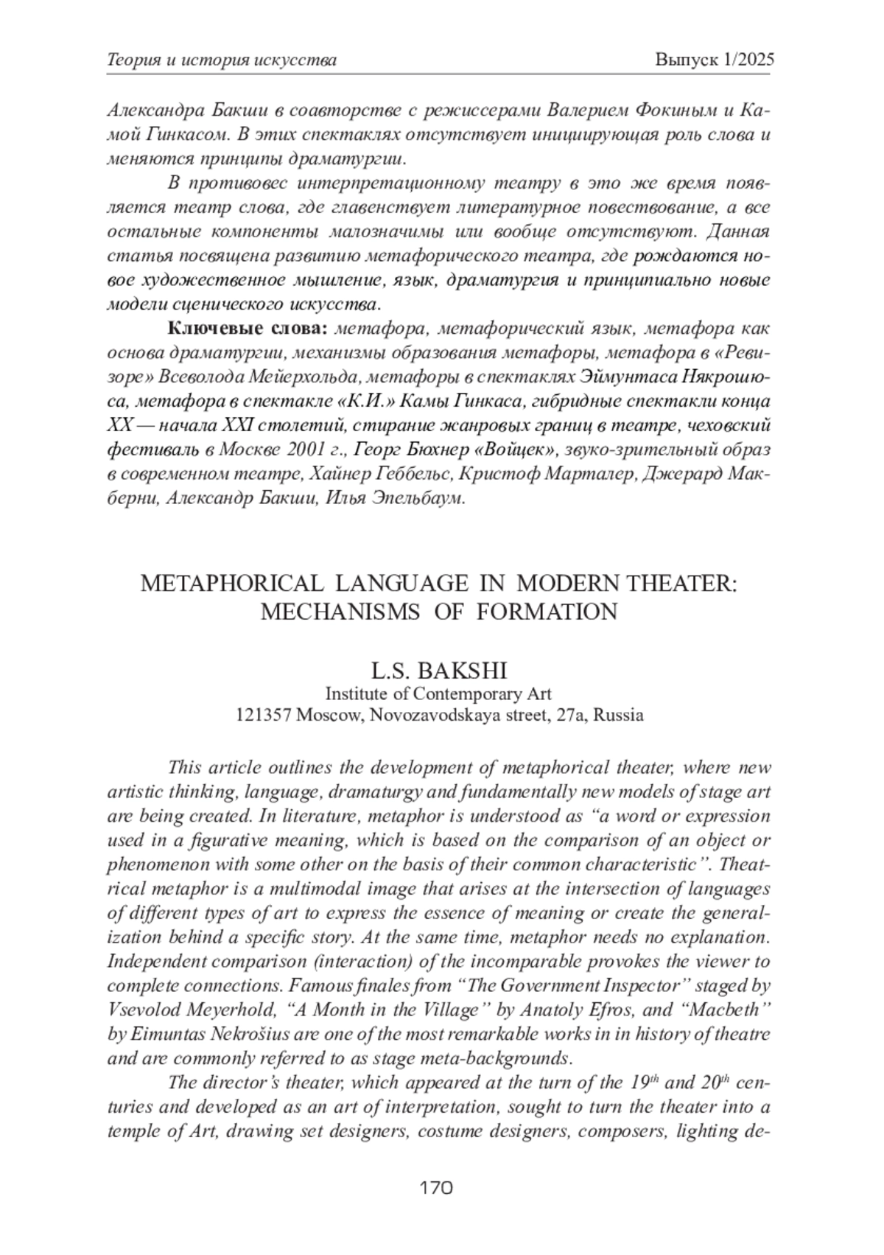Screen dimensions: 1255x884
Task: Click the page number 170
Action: click(x=436, y=1187)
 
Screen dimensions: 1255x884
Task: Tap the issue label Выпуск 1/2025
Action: click(x=714, y=60)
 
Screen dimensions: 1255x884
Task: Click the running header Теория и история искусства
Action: click(x=222, y=60)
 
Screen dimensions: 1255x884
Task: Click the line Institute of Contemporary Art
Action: click(x=438, y=693)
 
